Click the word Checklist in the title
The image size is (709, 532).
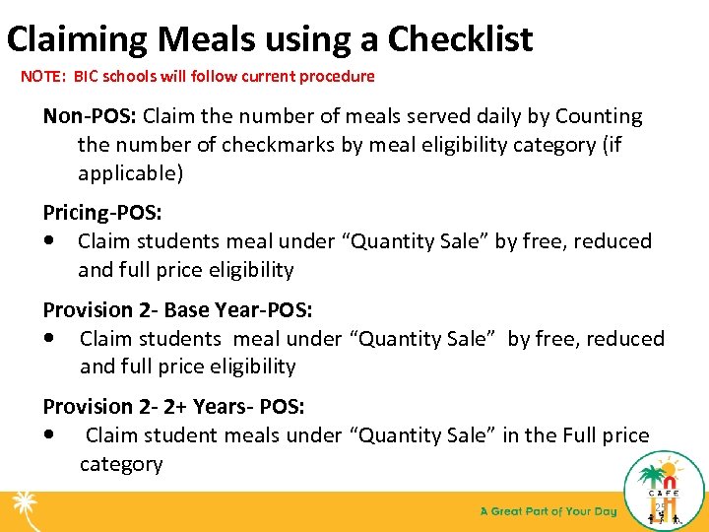tap(460, 39)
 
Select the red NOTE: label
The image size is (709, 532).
tap(42, 77)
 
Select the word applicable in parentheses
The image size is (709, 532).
tap(127, 173)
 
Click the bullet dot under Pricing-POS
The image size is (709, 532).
tap(50, 241)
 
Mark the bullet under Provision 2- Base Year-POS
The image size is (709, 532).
tap(50, 338)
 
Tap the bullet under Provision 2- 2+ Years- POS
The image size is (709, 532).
tap(50, 434)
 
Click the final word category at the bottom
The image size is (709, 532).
tap(121, 463)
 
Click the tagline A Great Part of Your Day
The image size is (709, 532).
tap(548, 511)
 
